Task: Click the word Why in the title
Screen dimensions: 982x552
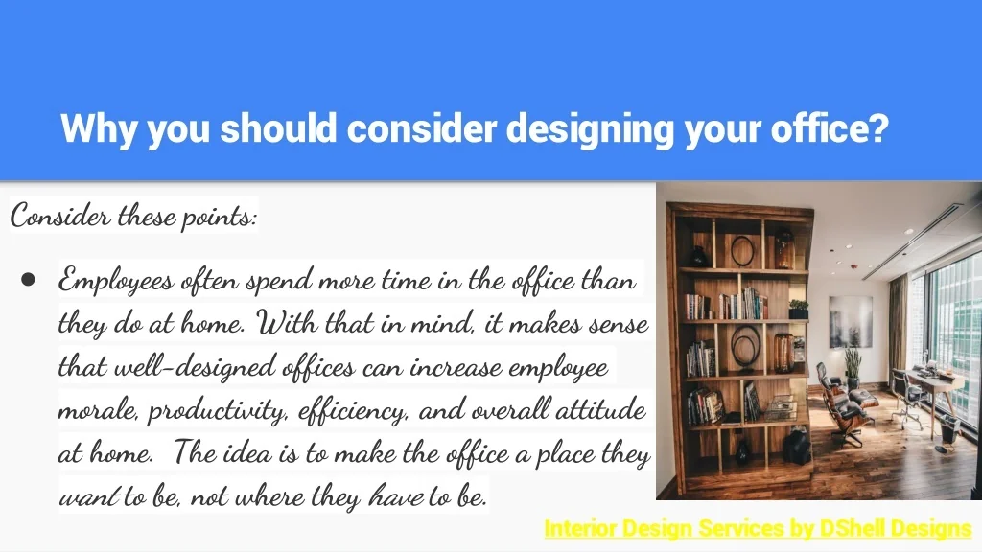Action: (99, 129)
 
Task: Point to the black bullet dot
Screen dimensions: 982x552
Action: (28, 279)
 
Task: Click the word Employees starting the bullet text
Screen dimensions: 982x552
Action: (116, 280)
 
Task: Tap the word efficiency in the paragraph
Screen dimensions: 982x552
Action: (353, 410)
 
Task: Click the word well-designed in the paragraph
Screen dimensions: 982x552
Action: (195, 367)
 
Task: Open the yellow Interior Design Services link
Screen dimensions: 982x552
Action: (758, 529)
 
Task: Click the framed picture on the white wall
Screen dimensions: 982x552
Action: (851, 322)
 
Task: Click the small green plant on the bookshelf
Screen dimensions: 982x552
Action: (798, 310)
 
